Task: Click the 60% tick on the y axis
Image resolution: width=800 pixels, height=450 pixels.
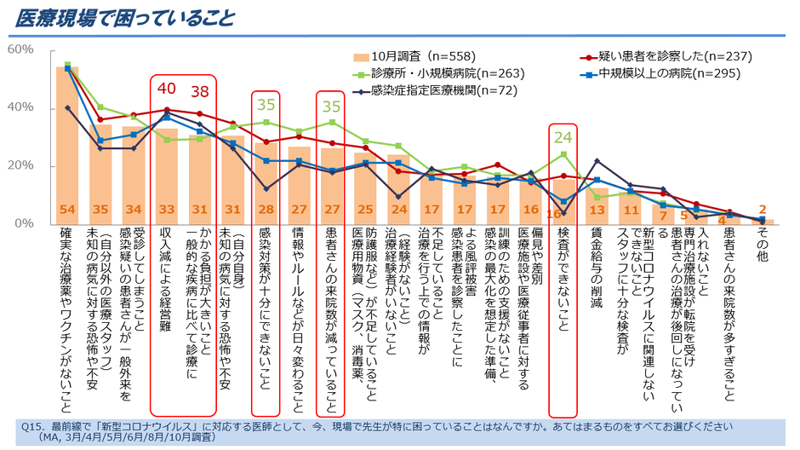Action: point(20,50)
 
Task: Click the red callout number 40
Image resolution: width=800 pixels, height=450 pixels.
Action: point(167,88)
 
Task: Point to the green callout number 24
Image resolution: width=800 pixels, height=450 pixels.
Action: point(562,136)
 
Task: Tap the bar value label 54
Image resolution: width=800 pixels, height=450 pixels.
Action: point(67,210)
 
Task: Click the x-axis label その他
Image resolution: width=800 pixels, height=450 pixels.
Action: point(763,243)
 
